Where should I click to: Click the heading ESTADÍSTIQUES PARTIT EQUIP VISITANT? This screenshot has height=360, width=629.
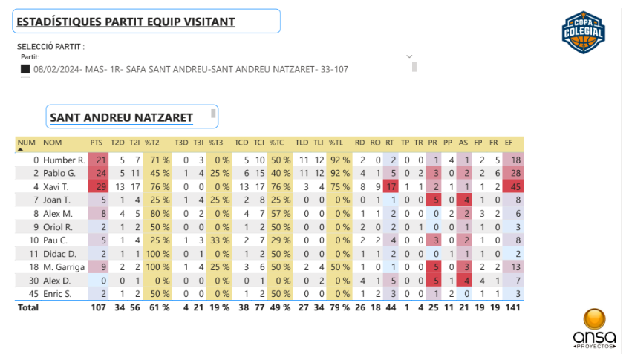pyautogui.click(x=126, y=22)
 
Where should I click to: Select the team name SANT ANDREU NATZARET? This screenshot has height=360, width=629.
pyautogui.click(x=121, y=117)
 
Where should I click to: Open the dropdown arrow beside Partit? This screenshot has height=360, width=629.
pyautogui.click(x=409, y=56)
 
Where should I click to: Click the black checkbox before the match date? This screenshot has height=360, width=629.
pyautogui.click(x=25, y=69)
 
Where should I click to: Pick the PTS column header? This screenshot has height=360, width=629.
pyautogui.click(x=97, y=143)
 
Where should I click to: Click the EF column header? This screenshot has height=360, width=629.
pyautogui.click(x=509, y=143)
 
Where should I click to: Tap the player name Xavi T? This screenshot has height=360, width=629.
pyautogui.click(x=56, y=186)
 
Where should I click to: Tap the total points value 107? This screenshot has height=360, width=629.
pyautogui.click(x=97, y=307)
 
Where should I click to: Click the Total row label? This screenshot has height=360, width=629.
pyautogui.click(x=28, y=307)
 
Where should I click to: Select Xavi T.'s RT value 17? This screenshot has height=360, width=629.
pyautogui.click(x=389, y=186)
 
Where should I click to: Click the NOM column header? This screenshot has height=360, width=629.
pyautogui.click(x=53, y=143)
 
